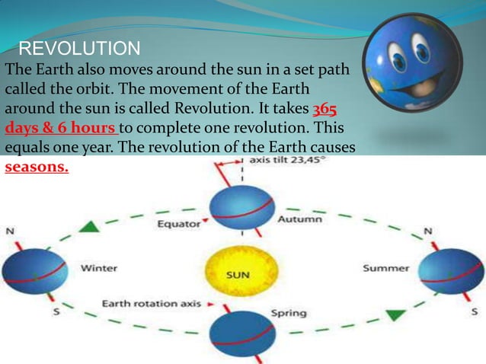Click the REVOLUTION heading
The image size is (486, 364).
[x=79, y=49]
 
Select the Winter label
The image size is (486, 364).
[x=99, y=268]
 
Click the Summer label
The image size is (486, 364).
[x=385, y=268]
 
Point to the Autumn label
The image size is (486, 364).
[x=299, y=219]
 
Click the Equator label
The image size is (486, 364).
[x=179, y=224]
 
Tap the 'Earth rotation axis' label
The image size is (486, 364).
[x=152, y=304]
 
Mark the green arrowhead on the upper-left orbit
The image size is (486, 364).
[x=91, y=225]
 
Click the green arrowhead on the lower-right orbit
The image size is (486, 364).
[x=395, y=315]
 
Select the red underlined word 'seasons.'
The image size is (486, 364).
[x=37, y=167]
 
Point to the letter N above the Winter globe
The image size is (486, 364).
[x=10, y=230]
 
